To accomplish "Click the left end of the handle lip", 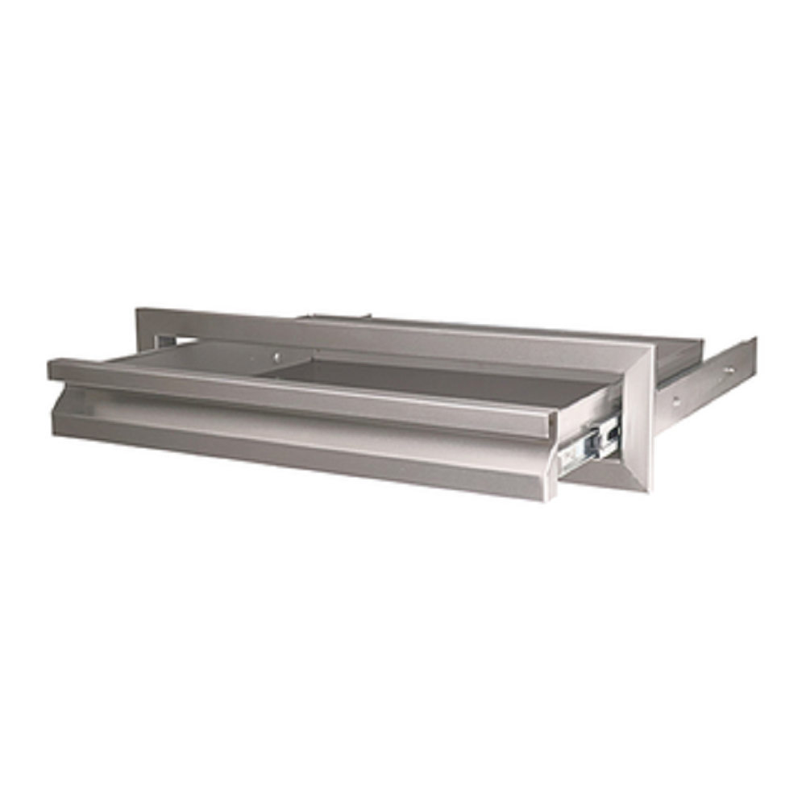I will coord(53,370).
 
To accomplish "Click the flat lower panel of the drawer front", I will coord(306,455).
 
